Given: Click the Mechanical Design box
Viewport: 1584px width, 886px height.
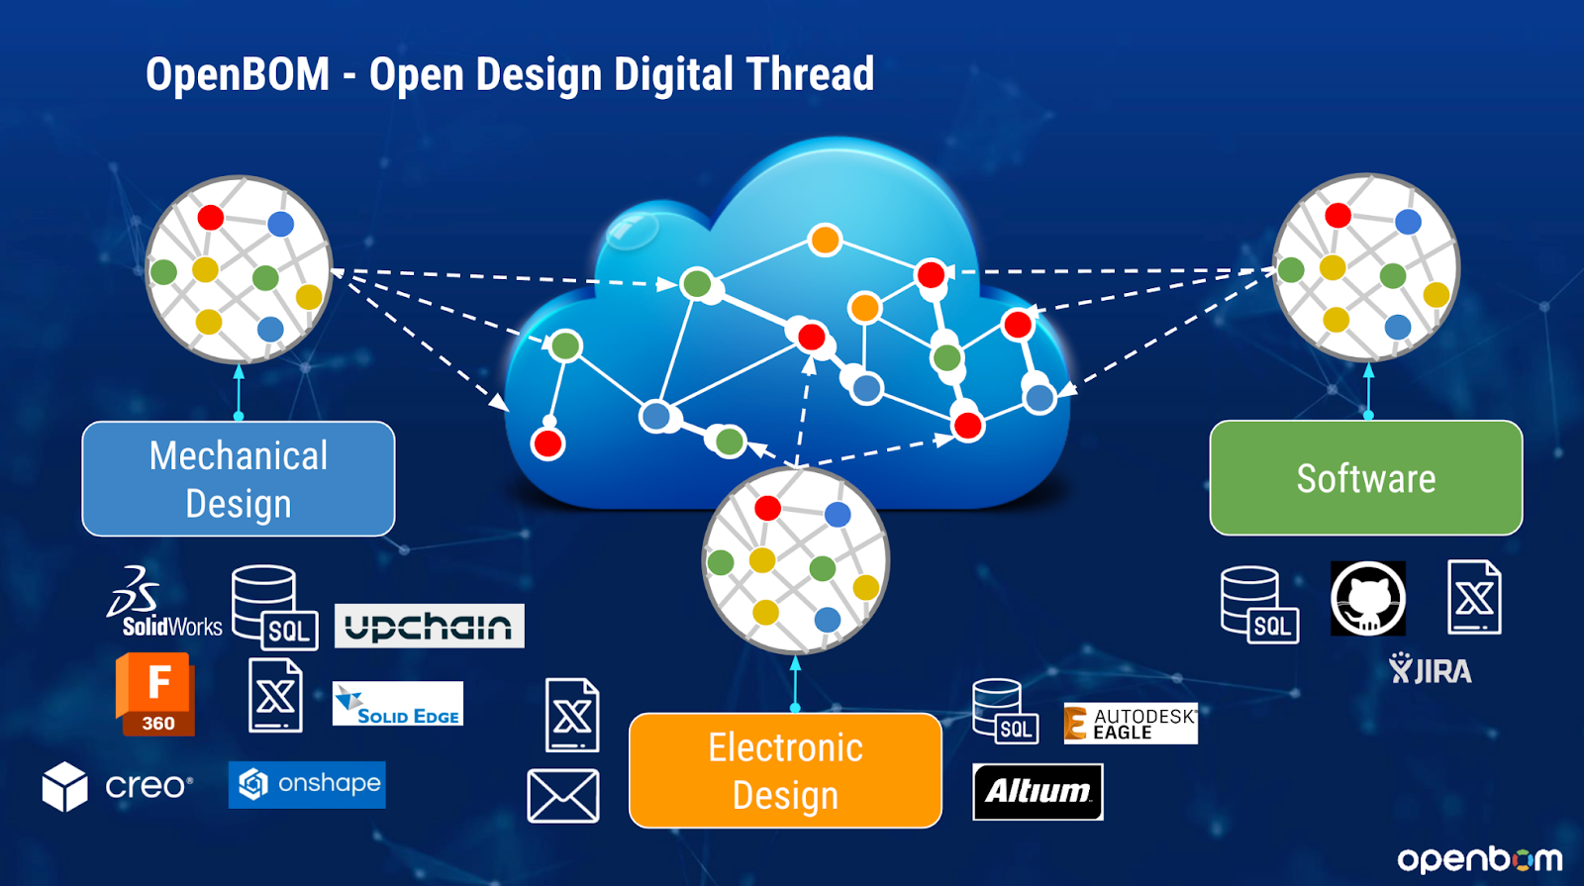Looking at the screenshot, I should pyautogui.click(x=239, y=479).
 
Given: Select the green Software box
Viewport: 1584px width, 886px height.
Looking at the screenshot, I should pyautogui.click(x=1366, y=478).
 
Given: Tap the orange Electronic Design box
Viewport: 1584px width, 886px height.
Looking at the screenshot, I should pyautogui.click(x=786, y=770).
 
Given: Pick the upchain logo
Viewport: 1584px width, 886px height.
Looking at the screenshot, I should pyautogui.click(x=429, y=626).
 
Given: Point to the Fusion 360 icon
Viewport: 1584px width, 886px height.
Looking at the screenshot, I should pyautogui.click(x=155, y=694).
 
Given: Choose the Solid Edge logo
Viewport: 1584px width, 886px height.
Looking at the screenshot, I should pyautogui.click(x=398, y=704).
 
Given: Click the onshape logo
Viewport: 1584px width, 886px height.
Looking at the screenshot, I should pyautogui.click(x=307, y=784).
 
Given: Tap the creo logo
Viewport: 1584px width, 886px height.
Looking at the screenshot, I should pyautogui.click(x=118, y=786).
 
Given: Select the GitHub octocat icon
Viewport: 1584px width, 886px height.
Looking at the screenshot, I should pyautogui.click(x=1368, y=598).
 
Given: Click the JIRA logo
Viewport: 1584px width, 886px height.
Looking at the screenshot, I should pyautogui.click(x=1431, y=670).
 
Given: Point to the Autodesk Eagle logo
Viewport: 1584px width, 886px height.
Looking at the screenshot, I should pyautogui.click(x=1131, y=724).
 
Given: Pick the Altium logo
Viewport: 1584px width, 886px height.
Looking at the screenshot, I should pyautogui.click(x=1038, y=792).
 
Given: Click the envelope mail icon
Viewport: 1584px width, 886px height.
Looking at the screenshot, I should pyautogui.click(x=563, y=796).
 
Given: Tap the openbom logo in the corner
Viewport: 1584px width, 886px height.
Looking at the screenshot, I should pyautogui.click(x=1479, y=858).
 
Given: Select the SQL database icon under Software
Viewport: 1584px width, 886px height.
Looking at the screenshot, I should pyautogui.click(x=1258, y=604).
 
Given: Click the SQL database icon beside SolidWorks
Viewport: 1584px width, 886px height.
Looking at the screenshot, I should pyautogui.click(x=274, y=607).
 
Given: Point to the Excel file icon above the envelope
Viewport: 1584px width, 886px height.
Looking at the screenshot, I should pyautogui.click(x=572, y=715).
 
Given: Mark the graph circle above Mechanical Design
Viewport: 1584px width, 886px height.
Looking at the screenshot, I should pyautogui.click(x=239, y=269).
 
